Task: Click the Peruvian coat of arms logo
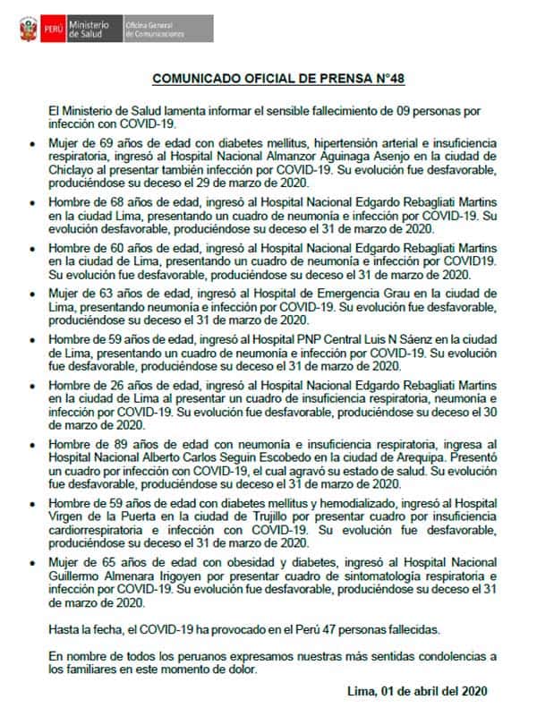(x=26, y=28)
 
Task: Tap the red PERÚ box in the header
(x=57, y=28)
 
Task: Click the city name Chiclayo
(x=72, y=167)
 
